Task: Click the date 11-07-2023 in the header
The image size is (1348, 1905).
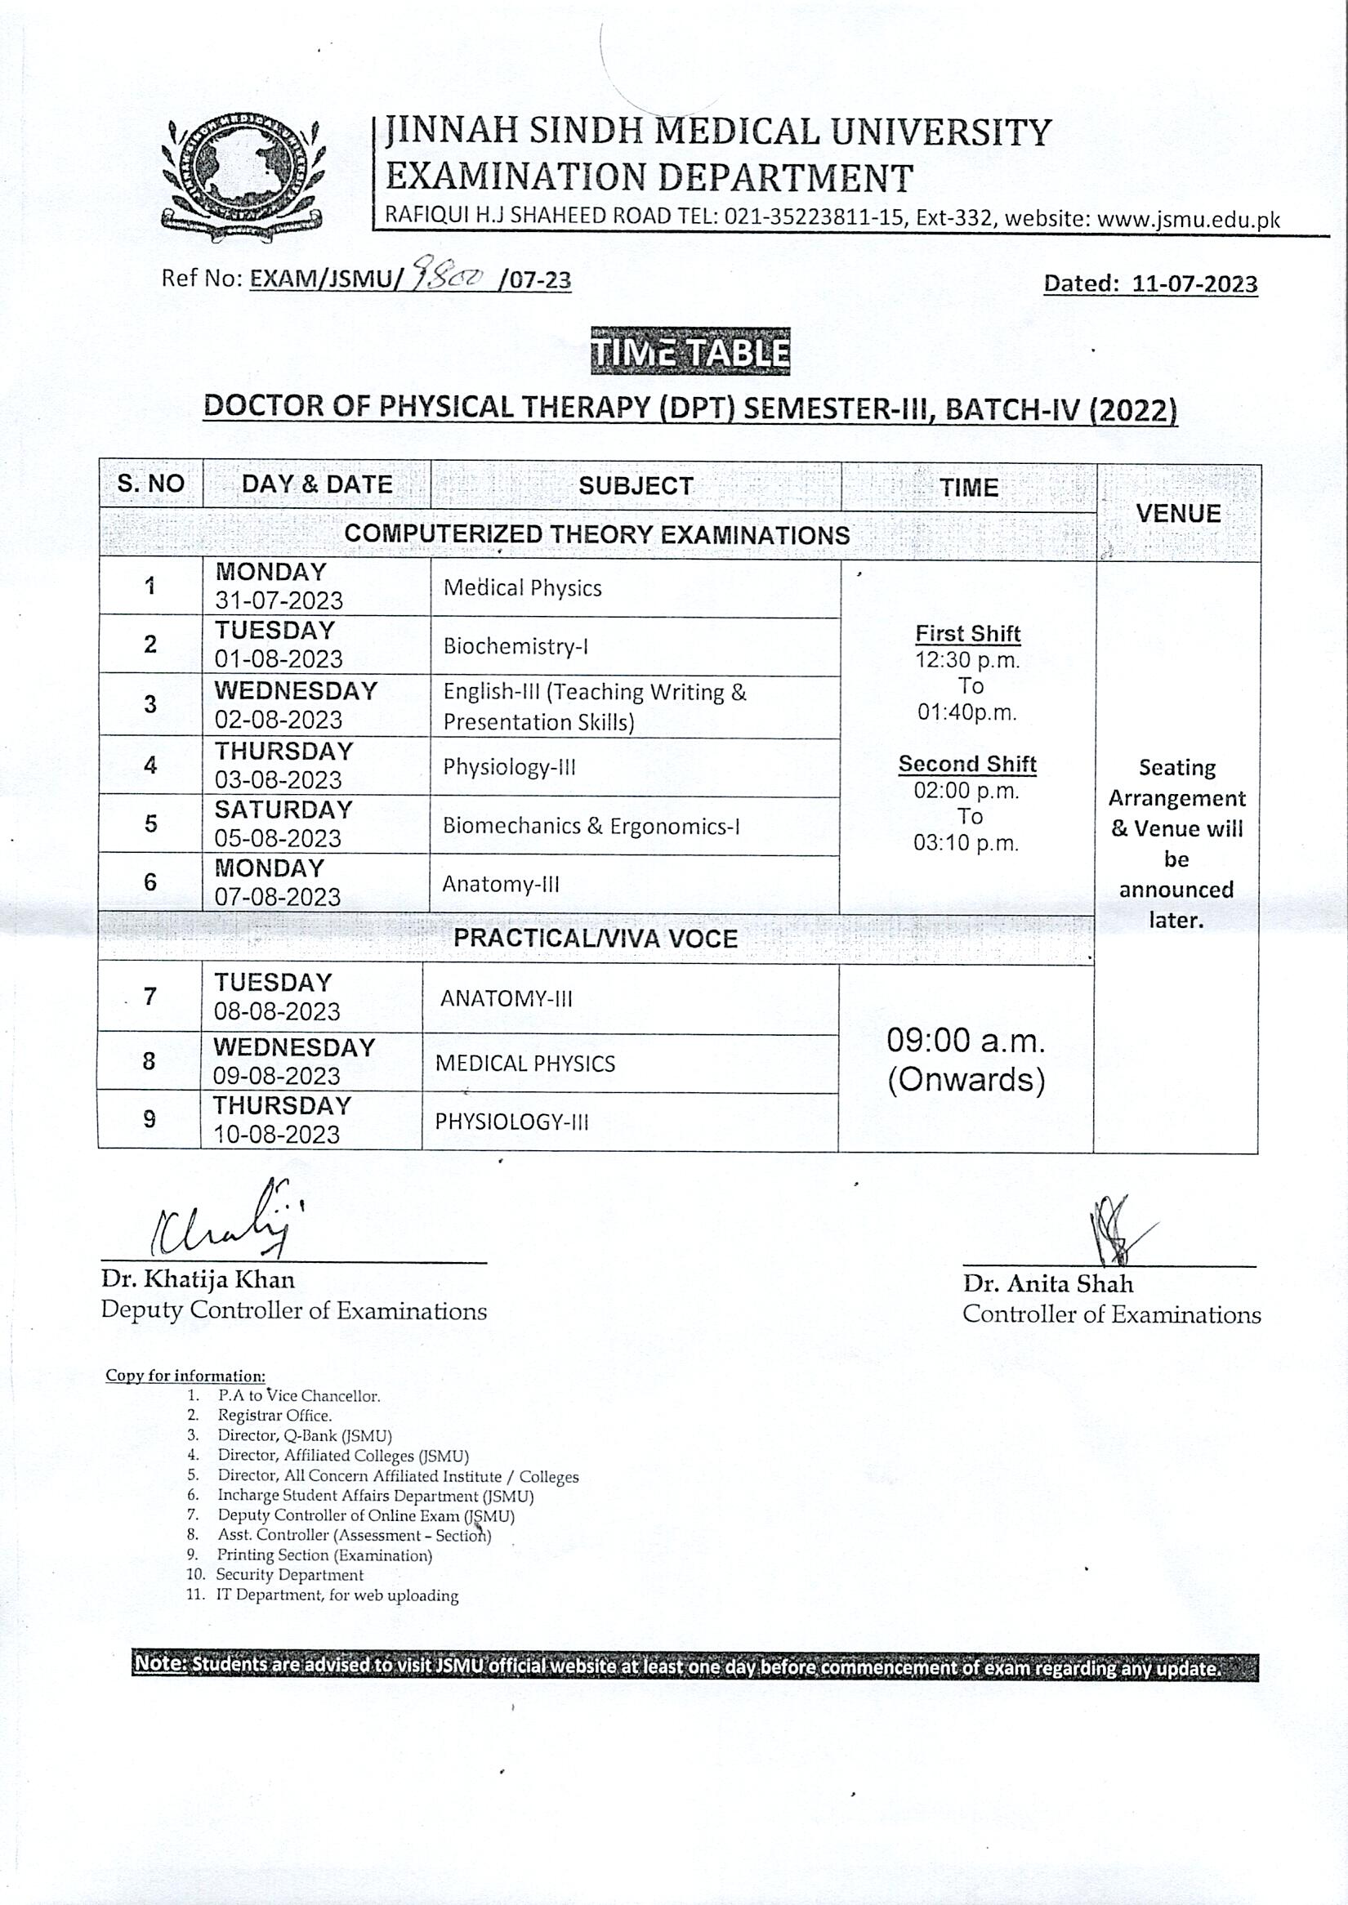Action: tap(1194, 284)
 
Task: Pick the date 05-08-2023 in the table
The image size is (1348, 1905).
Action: tap(278, 838)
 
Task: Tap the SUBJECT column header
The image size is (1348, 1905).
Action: tap(636, 485)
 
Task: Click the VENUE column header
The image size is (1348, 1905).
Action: tap(1178, 514)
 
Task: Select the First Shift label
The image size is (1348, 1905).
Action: tap(968, 634)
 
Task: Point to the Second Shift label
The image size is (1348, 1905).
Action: tap(967, 765)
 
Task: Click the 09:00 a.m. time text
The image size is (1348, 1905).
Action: tap(966, 1041)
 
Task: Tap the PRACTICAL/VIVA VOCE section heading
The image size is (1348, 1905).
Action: tap(595, 939)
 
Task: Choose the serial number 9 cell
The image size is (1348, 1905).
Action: tap(150, 1120)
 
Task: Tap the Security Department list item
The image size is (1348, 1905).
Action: tap(290, 1575)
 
